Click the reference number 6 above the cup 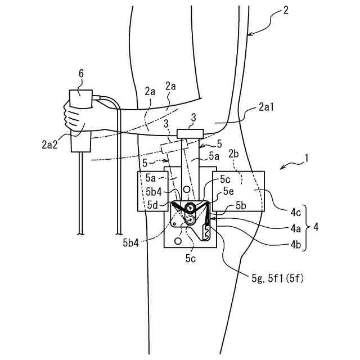click(81, 73)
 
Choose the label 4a click(295, 229)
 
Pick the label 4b click(295, 245)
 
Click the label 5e click(228, 191)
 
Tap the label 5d click(152, 204)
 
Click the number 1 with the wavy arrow click(306, 160)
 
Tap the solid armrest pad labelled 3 click(190, 133)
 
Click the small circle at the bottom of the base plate click(178, 241)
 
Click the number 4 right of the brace click(316, 229)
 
